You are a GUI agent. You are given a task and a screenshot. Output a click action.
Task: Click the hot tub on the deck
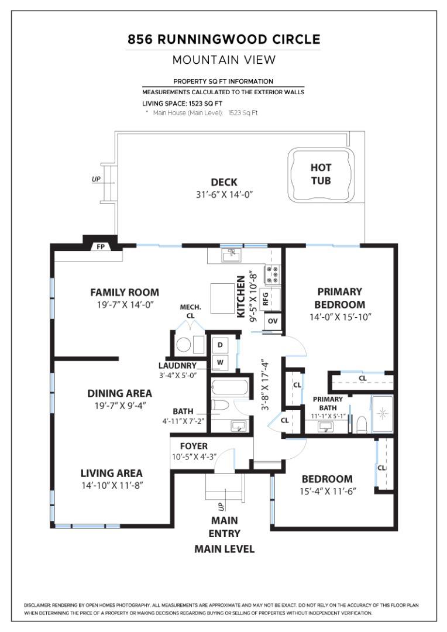coord(320,174)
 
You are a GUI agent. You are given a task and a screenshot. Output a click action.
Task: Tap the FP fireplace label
coord(100,247)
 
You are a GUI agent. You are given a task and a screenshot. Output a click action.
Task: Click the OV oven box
coord(272,321)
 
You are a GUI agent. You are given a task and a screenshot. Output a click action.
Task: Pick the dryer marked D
coord(221,345)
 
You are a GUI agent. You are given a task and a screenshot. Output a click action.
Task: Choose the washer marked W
coord(221,362)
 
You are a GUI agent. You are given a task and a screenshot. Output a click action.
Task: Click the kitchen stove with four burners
coord(273,273)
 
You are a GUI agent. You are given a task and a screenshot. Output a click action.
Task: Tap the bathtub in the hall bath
coord(230,388)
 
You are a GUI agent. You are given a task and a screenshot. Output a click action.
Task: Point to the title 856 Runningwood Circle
coord(223,40)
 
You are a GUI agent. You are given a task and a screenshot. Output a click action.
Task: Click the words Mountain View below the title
coord(223,60)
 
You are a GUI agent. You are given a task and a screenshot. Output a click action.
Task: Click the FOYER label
coord(193,446)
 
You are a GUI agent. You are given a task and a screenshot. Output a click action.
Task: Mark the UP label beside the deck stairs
coord(96,179)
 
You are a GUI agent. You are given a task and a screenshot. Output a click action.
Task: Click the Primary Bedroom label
coord(339,298)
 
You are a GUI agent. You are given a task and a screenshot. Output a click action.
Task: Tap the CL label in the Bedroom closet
coord(381,468)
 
